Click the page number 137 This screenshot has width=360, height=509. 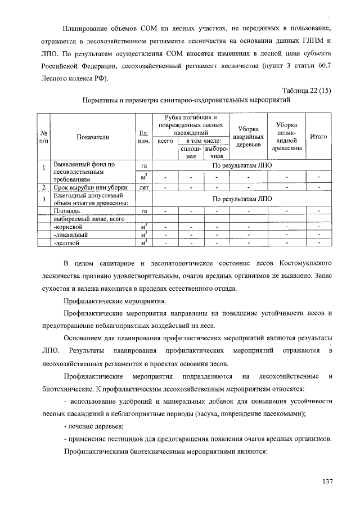click(x=327, y=481)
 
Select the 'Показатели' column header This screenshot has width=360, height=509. click(x=93, y=136)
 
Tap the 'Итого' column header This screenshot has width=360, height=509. click(x=319, y=136)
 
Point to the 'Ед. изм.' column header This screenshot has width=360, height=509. click(x=143, y=136)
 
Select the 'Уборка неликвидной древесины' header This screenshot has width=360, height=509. click(x=287, y=136)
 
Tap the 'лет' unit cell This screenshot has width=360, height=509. click(x=143, y=187)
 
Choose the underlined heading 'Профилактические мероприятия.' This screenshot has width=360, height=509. click(x=114, y=301)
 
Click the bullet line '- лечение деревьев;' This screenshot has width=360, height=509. click(x=92, y=427)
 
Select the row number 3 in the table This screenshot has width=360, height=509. click(x=43, y=199)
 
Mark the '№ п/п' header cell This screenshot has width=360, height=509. click(x=43, y=136)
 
